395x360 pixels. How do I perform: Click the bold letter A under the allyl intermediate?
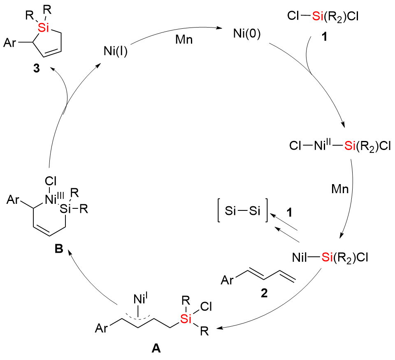[x=156, y=349]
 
